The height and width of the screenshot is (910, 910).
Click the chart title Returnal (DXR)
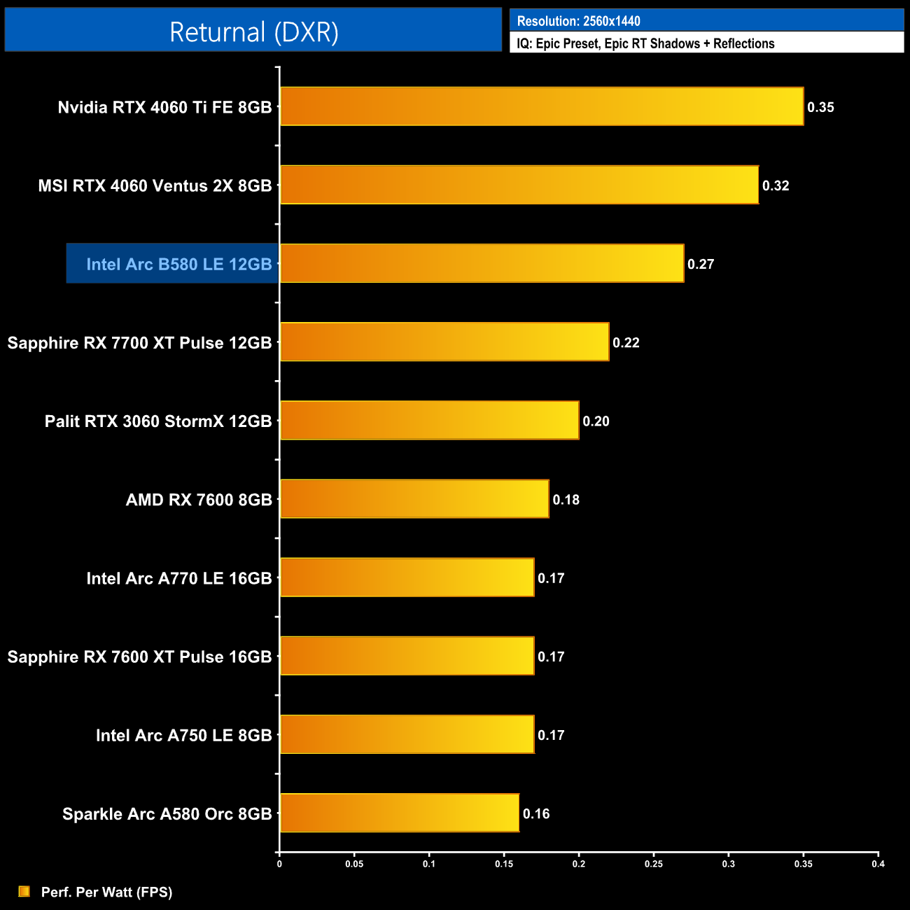tap(253, 31)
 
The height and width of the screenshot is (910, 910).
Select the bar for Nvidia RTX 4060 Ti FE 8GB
tap(542, 106)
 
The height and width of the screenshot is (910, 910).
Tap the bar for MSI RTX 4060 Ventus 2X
tap(519, 185)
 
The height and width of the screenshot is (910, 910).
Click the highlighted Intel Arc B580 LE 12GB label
tap(178, 264)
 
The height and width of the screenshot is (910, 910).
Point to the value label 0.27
tap(701, 264)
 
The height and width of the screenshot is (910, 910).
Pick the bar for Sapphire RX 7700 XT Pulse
tap(444, 342)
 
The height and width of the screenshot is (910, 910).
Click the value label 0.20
tap(596, 421)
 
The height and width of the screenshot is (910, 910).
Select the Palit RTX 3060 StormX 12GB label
tap(158, 421)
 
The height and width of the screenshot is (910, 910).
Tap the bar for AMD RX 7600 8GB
tap(414, 499)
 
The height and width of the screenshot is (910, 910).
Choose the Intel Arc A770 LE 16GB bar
tap(407, 577)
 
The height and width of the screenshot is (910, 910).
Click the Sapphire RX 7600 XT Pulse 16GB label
tap(139, 657)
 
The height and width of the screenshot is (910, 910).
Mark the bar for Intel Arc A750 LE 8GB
tap(407, 734)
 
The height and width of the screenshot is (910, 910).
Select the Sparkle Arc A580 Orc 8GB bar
tap(400, 813)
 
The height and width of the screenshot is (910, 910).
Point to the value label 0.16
tap(536, 813)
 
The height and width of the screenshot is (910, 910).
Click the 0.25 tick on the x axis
tap(654, 864)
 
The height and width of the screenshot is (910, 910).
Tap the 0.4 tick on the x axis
tap(878, 864)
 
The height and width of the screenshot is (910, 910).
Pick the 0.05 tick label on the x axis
tap(354, 864)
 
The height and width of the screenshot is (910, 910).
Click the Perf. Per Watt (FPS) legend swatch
tap(24, 891)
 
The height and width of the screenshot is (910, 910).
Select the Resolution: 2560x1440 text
tap(578, 21)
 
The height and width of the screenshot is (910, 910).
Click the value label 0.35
tap(820, 107)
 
